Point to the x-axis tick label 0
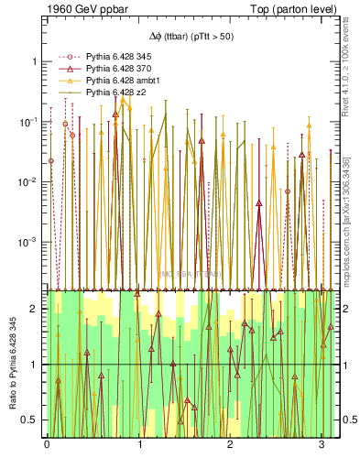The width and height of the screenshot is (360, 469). (47, 444)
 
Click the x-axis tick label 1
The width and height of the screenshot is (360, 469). (139, 444)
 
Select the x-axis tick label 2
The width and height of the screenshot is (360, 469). (230, 444)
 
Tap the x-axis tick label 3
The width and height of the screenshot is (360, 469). (322, 444)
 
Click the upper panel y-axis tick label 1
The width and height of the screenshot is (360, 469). (35, 61)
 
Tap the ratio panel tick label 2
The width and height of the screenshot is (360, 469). (35, 309)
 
